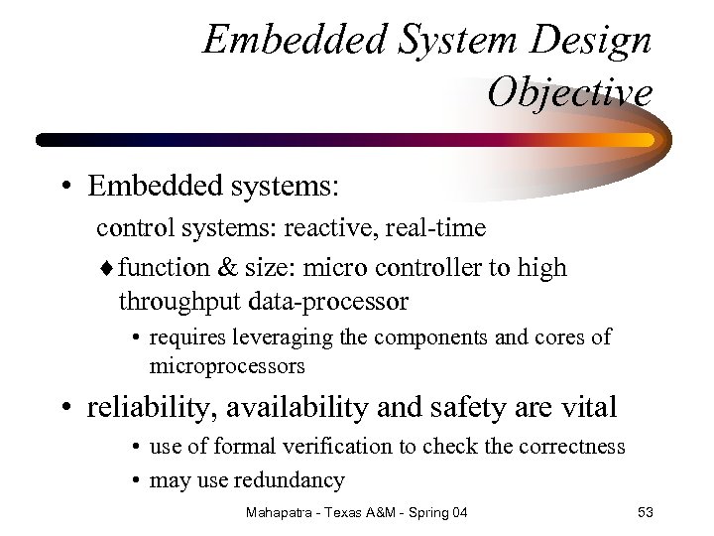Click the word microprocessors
[x=227, y=366]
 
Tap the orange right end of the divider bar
[x=643, y=140]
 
